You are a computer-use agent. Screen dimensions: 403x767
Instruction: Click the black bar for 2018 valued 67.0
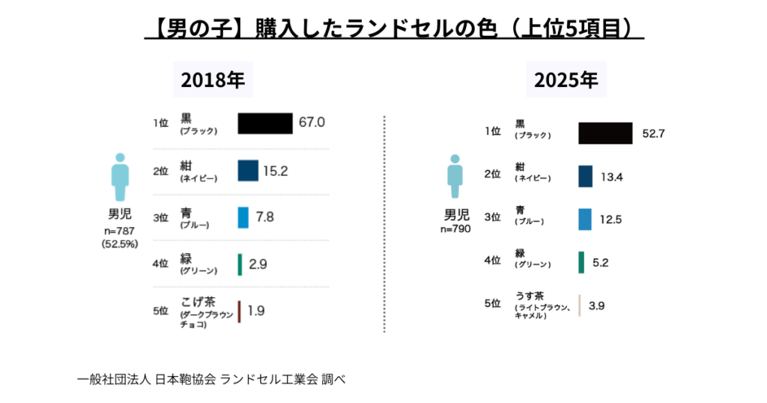[265, 124]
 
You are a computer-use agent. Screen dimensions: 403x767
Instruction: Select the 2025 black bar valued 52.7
[606, 133]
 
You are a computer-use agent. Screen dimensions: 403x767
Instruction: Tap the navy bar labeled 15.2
[248, 171]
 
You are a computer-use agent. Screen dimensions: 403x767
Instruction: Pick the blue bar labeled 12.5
[586, 218]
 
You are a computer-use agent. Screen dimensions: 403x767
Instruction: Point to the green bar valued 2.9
[240, 264]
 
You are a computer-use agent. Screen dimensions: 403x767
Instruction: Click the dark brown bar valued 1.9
[239, 312]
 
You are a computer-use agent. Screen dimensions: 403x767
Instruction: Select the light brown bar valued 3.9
[580, 305]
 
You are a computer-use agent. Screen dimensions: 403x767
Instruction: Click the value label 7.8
[264, 217]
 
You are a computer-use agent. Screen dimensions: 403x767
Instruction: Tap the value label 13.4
[612, 176]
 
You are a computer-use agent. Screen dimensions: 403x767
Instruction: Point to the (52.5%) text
[120, 243]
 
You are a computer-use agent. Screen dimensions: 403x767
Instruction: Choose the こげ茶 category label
[198, 302]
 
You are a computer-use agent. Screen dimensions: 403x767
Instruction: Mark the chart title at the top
[394, 28]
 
